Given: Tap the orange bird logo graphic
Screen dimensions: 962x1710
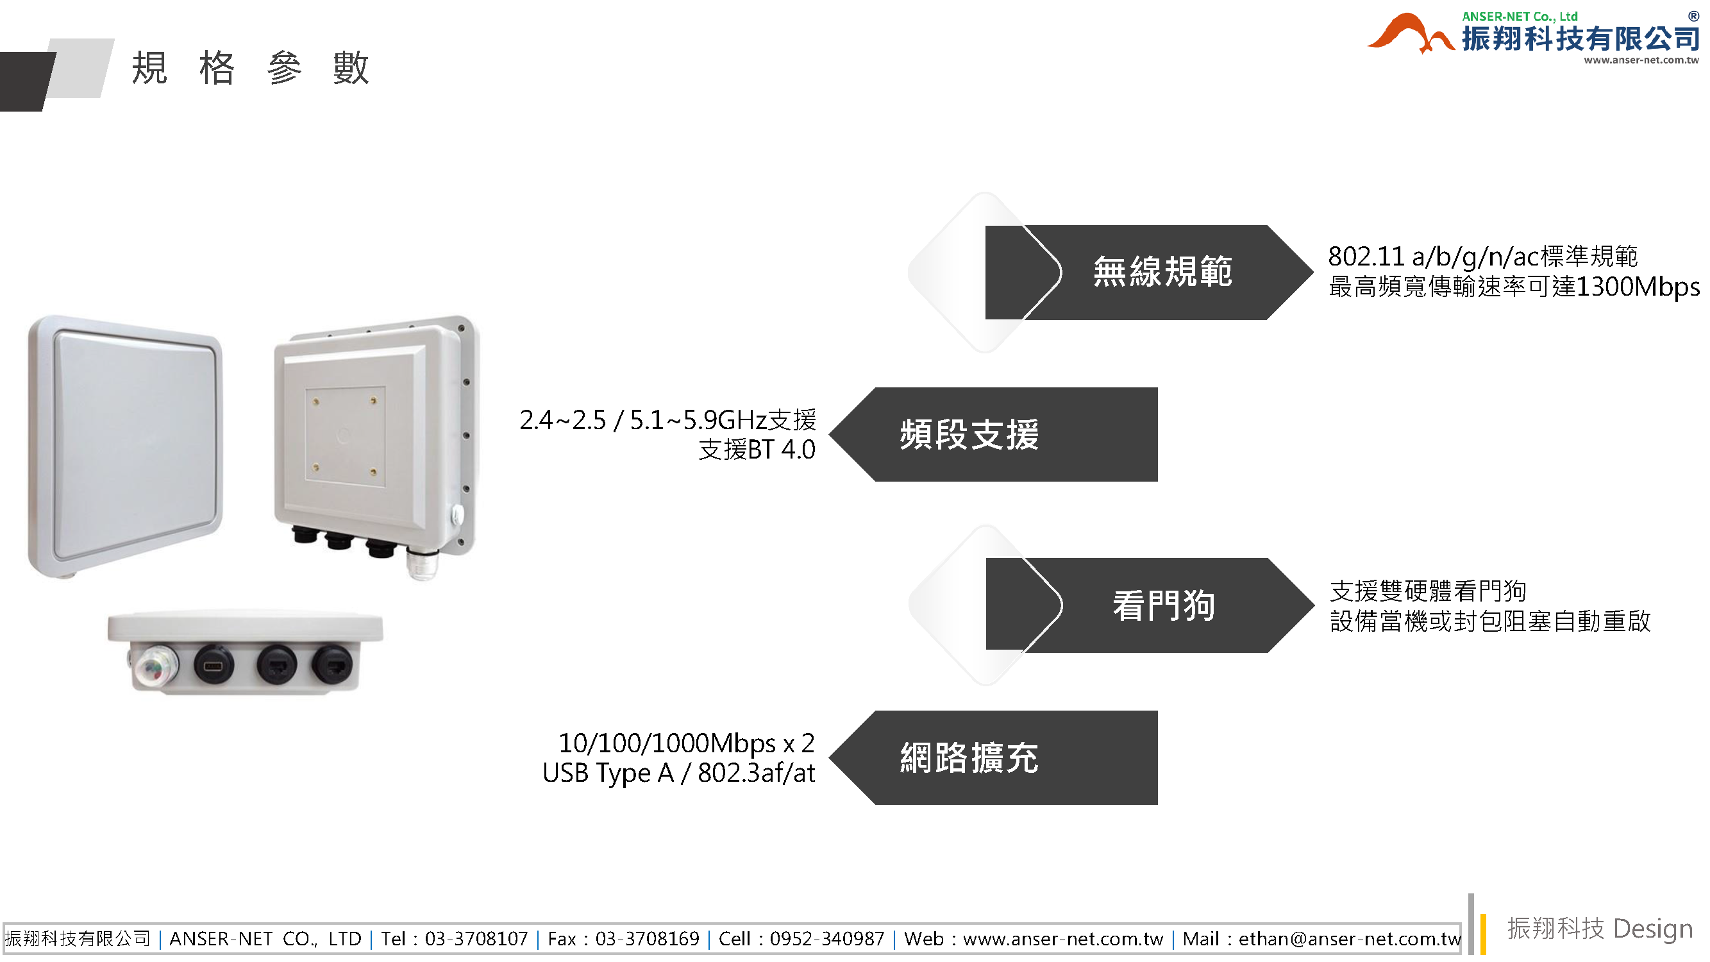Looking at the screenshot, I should click(x=1409, y=35).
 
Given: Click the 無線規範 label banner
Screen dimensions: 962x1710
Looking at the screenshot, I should click(x=1162, y=272).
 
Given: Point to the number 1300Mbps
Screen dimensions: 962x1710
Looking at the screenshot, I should click(x=1637, y=287).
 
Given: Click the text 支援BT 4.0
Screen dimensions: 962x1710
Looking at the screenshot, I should click(x=757, y=450).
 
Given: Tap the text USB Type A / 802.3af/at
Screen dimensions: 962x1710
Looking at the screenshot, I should click(x=678, y=773).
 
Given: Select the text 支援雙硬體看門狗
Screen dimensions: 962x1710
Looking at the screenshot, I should click(x=1427, y=591).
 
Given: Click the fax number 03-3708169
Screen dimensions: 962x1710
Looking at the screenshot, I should click(x=647, y=939).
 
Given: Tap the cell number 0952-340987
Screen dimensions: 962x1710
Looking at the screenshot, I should click(x=826, y=939).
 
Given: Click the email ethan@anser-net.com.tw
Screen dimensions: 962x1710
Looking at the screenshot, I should click(x=1350, y=939).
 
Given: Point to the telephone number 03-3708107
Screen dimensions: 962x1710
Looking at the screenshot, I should click(x=476, y=939).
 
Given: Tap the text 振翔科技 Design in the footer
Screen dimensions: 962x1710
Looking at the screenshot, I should click(x=1599, y=928).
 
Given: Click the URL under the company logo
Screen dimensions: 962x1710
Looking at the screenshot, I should click(x=1640, y=60).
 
